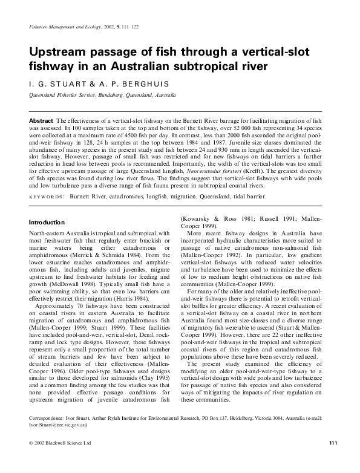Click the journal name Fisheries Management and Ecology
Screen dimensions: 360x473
pyautogui.click(x=67, y=28)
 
